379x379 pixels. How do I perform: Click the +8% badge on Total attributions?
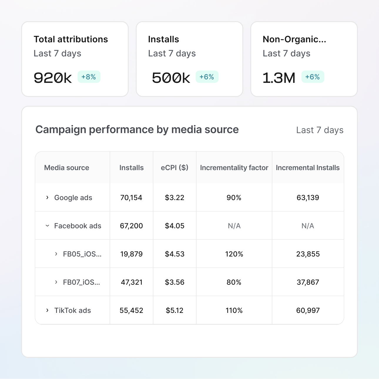click(89, 77)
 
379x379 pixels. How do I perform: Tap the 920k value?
click(53, 78)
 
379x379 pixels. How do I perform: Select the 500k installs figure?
click(171, 78)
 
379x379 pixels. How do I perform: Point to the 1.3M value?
click(279, 78)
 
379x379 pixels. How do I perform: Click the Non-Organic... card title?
click(294, 39)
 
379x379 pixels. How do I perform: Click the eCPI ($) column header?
click(175, 168)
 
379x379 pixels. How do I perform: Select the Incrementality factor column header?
click(234, 168)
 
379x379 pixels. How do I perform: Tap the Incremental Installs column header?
click(308, 168)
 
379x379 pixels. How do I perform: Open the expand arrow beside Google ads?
click(47, 197)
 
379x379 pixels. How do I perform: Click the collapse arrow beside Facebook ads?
click(47, 226)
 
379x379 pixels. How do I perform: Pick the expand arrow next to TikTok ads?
click(47, 310)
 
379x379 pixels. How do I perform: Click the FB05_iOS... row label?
click(82, 254)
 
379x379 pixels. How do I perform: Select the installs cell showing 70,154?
click(131, 198)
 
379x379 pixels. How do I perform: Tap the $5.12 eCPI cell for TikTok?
click(175, 311)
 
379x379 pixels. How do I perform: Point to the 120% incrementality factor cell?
click(234, 254)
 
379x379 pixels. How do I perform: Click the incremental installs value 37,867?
click(308, 282)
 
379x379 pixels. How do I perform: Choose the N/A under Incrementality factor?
click(234, 226)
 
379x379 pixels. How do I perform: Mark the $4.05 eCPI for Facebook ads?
click(175, 226)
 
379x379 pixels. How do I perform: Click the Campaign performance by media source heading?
click(137, 130)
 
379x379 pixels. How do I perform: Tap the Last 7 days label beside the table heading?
click(320, 130)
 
